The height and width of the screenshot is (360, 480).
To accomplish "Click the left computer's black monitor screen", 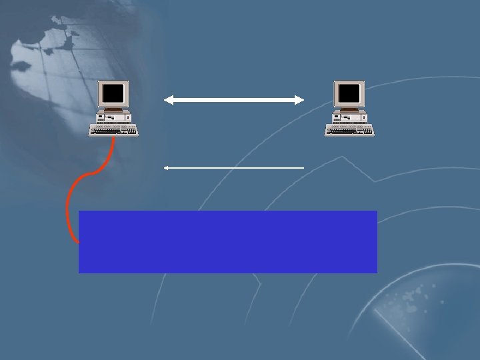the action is pyautogui.click(x=114, y=93).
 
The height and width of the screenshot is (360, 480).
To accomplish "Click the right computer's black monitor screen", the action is pyautogui.click(x=349, y=93).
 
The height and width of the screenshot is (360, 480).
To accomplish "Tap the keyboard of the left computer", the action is pyautogui.click(x=112, y=130).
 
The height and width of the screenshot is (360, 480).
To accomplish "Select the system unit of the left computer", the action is pyautogui.click(x=114, y=117).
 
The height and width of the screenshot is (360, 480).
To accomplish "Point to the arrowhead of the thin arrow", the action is pyautogui.click(x=166, y=168).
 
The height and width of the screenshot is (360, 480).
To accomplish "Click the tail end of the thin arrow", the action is pyautogui.click(x=303, y=168).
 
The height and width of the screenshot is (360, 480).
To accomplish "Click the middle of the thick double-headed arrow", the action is pyautogui.click(x=234, y=100).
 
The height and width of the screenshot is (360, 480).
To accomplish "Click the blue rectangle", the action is pyautogui.click(x=227, y=241).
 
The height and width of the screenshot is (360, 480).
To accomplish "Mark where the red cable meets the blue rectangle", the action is pyautogui.click(x=78, y=241).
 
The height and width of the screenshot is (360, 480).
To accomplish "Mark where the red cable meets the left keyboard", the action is pyautogui.click(x=114, y=137).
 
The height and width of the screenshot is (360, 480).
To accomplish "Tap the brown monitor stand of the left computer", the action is pyautogui.click(x=115, y=109).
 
